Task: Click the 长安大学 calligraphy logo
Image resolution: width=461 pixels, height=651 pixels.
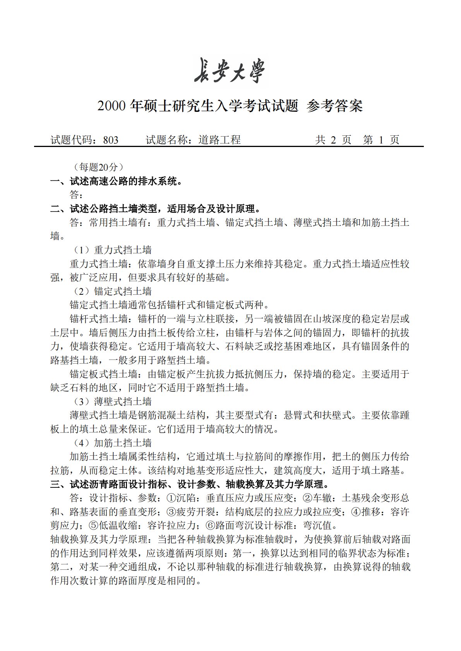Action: (x=230, y=70)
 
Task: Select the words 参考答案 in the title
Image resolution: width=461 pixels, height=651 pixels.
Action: (x=334, y=106)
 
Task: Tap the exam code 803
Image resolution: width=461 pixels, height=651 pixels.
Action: (x=111, y=140)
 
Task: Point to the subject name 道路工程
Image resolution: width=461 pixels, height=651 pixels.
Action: (x=219, y=140)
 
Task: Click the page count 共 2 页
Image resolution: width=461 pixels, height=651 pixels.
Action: (x=333, y=140)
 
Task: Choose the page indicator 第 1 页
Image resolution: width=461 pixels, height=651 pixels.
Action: (x=381, y=140)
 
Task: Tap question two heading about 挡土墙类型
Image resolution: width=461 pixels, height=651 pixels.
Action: (x=155, y=209)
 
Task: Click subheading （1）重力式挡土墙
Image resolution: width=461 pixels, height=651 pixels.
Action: (x=112, y=250)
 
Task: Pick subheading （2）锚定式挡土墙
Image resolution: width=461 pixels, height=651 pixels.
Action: (x=112, y=292)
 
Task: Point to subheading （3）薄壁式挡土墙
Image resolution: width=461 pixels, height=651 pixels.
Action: (x=112, y=402)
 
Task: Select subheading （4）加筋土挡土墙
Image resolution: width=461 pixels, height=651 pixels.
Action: (x=112, y=443)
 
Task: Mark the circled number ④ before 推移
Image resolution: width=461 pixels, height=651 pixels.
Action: (x=356, y=512)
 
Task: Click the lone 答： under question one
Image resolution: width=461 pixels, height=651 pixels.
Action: (x=76, y=195)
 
